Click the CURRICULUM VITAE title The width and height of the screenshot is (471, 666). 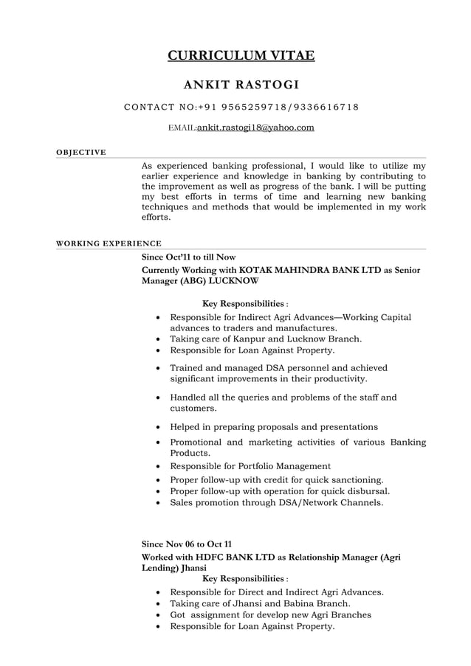241,55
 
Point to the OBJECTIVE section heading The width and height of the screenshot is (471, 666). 81,153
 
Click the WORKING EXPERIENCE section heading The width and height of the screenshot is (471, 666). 109,243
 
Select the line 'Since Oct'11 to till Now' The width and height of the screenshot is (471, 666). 188,257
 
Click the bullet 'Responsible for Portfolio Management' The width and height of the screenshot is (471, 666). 250,466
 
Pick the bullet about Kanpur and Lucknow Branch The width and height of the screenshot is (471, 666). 266,339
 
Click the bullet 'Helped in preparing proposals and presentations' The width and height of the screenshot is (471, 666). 274,426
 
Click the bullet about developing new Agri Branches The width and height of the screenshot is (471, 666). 270,614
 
